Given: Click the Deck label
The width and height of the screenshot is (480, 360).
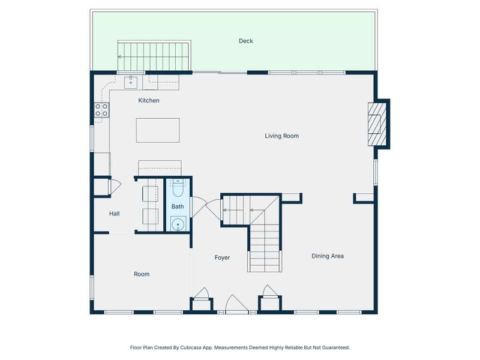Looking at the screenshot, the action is (x=246, y=41).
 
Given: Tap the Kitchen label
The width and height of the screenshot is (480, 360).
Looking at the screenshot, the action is (x=149, y=100).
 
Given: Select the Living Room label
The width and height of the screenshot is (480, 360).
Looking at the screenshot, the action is (x=281, y=136).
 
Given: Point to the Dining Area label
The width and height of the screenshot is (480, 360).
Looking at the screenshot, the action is (x=328, y=256).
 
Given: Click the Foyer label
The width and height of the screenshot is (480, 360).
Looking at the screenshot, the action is (x=222, y=258).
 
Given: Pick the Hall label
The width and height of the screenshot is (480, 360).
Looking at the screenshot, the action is (x=114, y=214).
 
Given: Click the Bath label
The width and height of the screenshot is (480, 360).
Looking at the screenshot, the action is (x=178, y=206).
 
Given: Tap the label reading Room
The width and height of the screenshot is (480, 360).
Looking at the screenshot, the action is (x=142, y=274).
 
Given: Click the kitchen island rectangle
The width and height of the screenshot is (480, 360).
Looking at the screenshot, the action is (x=158, y=130).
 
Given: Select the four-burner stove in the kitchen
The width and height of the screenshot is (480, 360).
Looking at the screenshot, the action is (x=101, y=110).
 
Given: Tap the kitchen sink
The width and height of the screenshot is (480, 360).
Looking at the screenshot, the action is (x=131, y=82).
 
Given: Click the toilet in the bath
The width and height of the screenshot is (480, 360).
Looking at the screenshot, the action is (x=178, y=187).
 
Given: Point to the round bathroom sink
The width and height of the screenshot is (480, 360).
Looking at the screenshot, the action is (x=178, y=224).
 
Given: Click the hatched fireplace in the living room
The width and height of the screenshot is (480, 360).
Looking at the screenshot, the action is (x=377, y=124).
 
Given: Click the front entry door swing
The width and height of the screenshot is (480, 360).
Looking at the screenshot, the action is (x=236, y=304).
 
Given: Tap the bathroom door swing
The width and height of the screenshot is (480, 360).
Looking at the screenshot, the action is (x=199, y=207).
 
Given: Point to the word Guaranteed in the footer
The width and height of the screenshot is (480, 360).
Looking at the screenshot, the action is (x=336, y=347).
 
